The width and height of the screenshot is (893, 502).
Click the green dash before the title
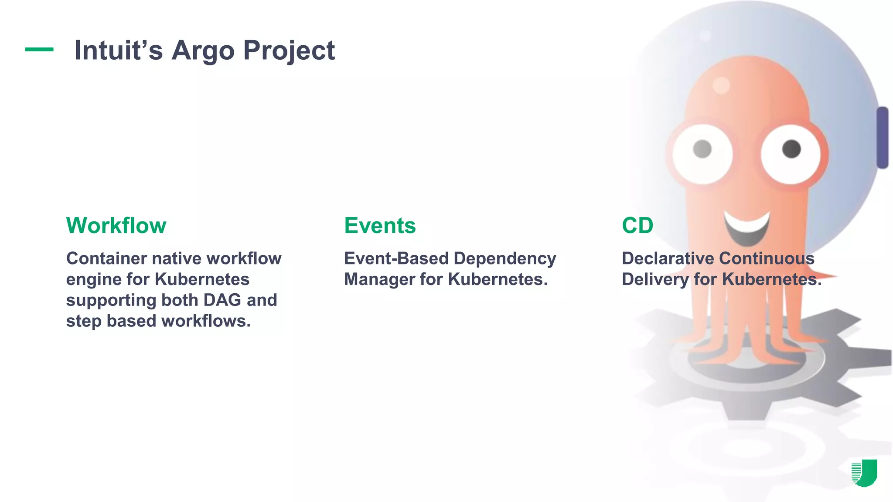(39, 49)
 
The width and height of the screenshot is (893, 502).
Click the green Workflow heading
(116, 225)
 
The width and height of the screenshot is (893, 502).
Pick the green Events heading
(380, 225)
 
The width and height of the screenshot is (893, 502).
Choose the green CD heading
(637, 225)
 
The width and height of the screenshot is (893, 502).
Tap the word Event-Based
(396, 258)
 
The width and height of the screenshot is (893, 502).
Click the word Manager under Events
(379, 279)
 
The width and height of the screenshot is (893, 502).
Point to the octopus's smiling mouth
(746, 227)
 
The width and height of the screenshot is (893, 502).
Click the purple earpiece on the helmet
(882, 137)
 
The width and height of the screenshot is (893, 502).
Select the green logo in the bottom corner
(864, 472)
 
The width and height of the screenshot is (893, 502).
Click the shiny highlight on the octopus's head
(721, 85)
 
